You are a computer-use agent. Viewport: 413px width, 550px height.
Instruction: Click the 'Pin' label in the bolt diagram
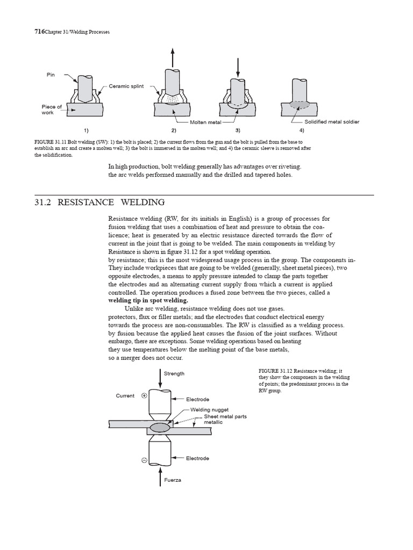click(51, 75)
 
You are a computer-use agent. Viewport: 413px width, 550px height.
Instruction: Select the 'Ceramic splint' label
click(127, 86)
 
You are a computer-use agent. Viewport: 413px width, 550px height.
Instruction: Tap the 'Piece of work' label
click(52, 110)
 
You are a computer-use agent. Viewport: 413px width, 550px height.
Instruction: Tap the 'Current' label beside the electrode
click(125, 396)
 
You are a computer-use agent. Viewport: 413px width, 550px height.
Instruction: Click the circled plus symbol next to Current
click(144, 396)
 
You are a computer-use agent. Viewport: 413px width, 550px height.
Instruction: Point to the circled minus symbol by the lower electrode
click(144, 460)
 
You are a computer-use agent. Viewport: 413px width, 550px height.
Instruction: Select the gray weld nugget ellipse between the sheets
click(161, 428)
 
